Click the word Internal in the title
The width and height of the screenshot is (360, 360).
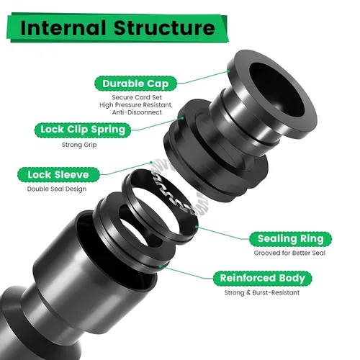[63, 28]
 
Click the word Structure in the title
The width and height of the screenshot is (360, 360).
[164, 28]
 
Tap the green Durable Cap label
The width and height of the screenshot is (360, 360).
[135, 84]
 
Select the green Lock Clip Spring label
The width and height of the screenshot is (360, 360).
[83, 130]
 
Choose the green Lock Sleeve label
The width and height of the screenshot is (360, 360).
[58, 174]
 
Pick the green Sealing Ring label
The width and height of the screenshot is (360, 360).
[290, 239]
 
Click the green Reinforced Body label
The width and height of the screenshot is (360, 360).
[262, 279]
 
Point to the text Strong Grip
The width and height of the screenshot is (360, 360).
[79, 145]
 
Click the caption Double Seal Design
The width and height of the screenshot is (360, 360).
[57, 189]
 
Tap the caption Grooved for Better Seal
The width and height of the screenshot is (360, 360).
[289, 253]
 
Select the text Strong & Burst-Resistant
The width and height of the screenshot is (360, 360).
[262, 292]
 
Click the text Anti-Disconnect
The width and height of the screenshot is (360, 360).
[137, 112]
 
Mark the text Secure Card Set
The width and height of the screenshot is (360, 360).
[137, 97]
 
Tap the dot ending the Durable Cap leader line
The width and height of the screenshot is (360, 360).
[228, 71]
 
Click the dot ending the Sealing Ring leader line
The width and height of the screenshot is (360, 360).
[197, 226]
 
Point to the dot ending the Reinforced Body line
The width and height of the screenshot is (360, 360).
[160, 266]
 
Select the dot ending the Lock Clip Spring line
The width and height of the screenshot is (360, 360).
[182, 118]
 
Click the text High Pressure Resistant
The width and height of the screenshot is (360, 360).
[136, 105]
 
